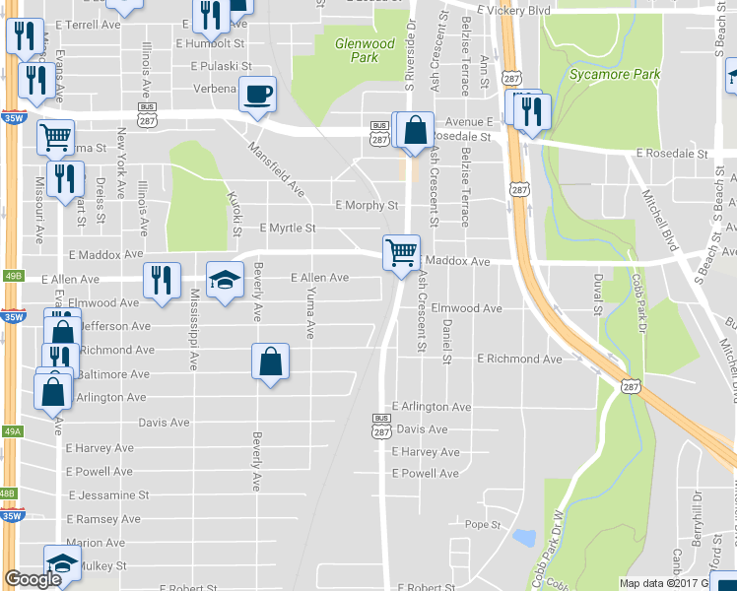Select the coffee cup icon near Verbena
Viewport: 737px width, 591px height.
pos(257,95)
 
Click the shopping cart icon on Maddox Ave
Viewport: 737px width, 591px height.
pos(401,253)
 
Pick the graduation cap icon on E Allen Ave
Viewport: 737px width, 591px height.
pos(225,280)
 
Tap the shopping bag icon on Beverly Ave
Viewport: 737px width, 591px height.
pos(271,361)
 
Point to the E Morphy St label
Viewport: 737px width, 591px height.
pos(366,206)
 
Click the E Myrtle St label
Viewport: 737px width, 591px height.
pos(287,228)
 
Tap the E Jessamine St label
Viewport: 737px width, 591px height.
pos(108,494)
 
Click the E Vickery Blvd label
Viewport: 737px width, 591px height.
pos(511,10)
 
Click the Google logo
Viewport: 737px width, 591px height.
pos(33,579)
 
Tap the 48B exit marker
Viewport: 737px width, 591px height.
pos(8,492)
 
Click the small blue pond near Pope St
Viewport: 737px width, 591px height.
pos(524,538)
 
